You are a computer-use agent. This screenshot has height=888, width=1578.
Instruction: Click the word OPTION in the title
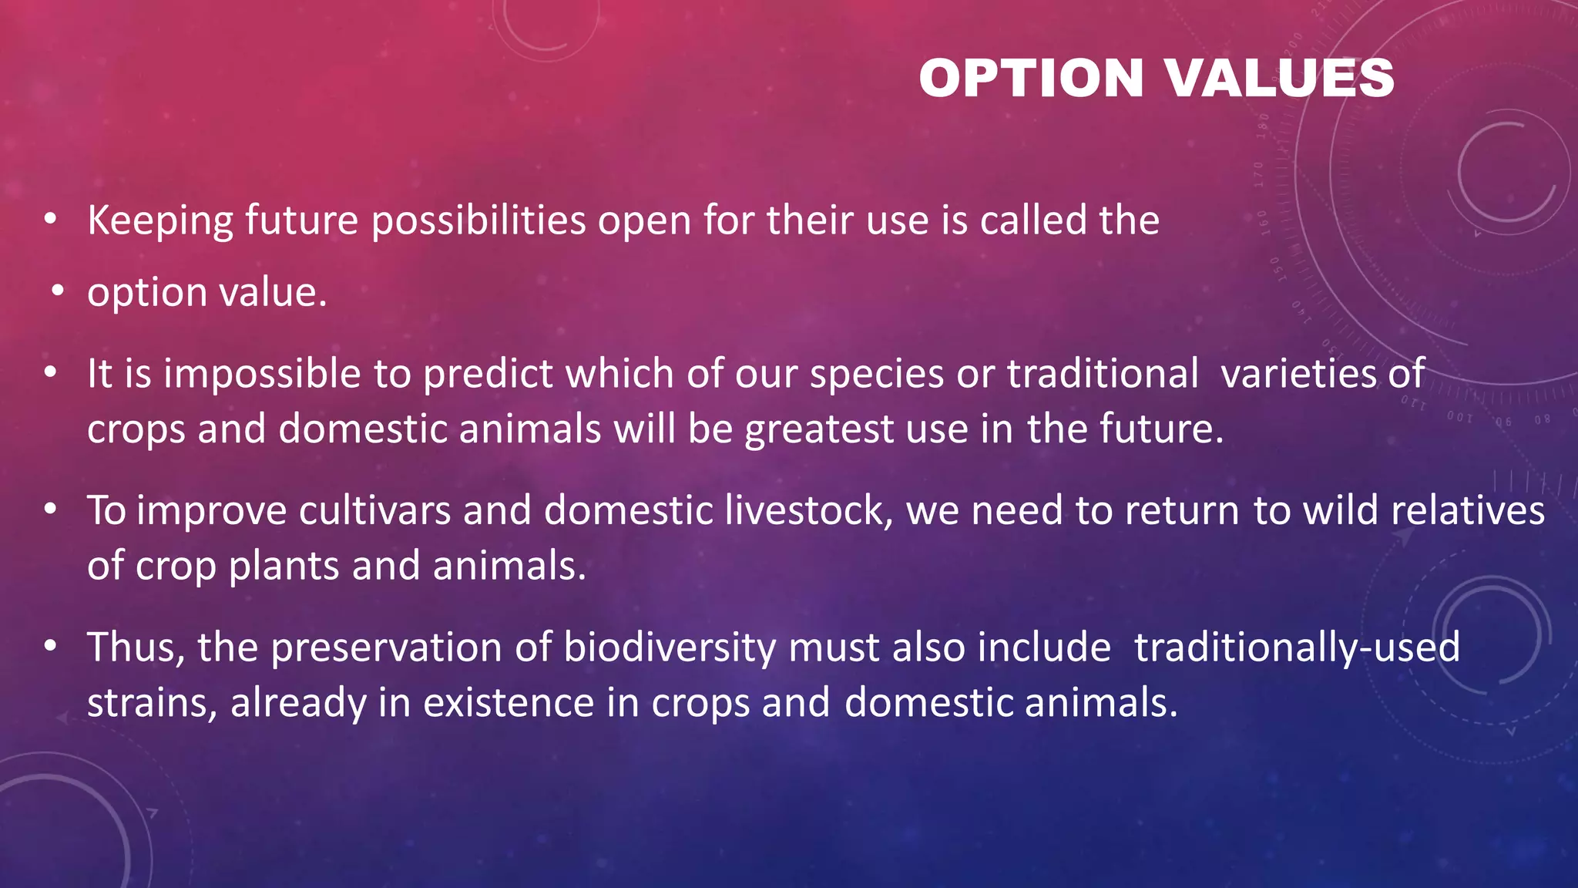(x=1031, y=79)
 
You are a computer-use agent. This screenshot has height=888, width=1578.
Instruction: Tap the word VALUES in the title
(x=1279, y=79)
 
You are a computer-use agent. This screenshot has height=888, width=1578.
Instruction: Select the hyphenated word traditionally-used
(x=1297, y=647)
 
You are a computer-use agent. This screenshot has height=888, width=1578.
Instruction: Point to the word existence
(x=509, y=704)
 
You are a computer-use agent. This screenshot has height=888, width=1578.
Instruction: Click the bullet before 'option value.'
(x=57, y=293)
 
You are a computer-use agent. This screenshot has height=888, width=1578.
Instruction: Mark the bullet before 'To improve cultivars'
(x=51, y=510)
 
